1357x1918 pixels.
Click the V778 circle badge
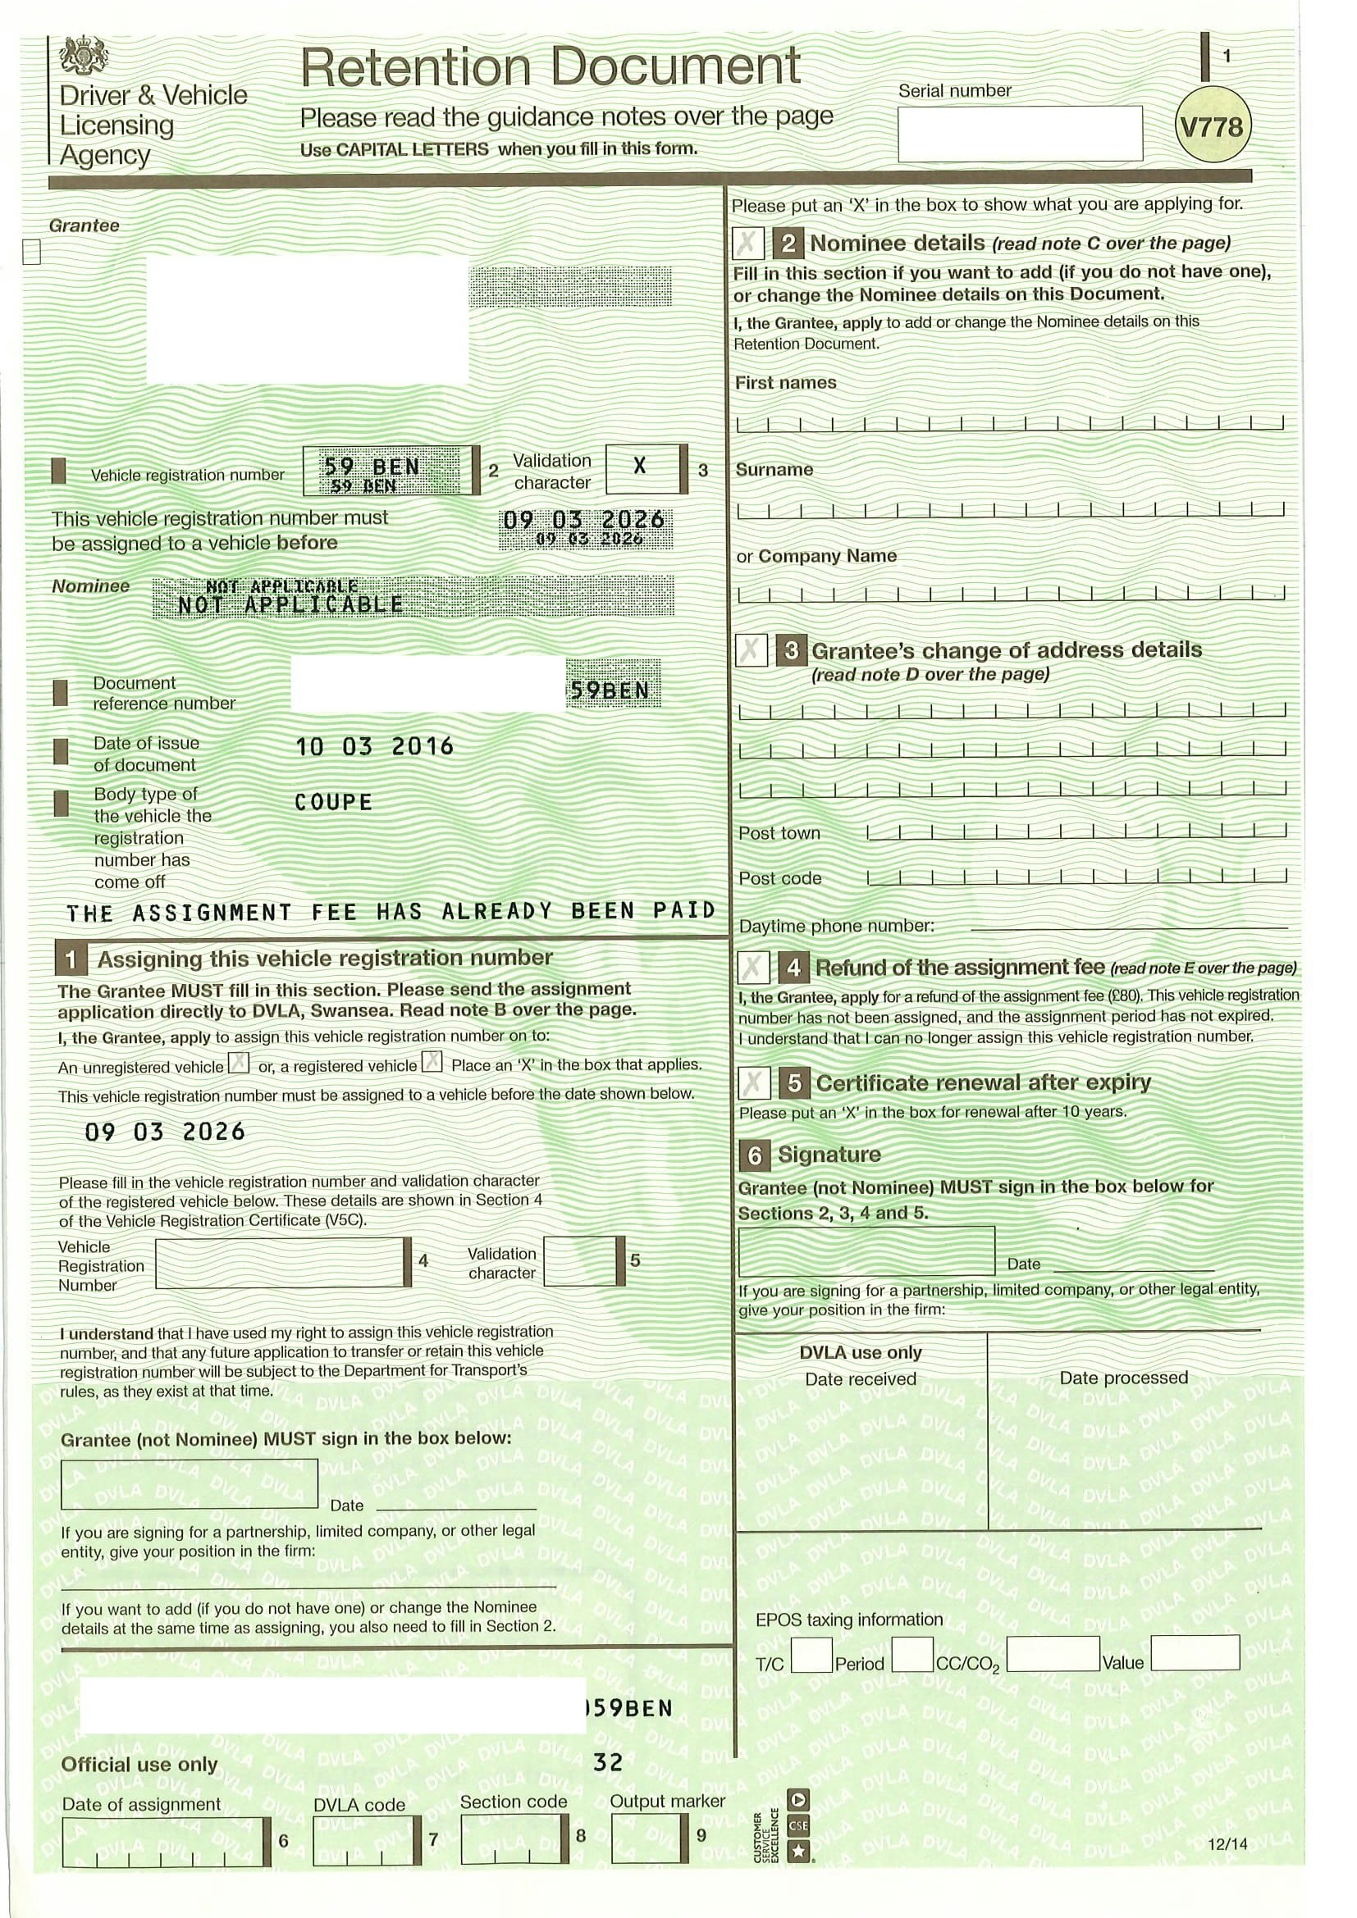click(x=1213, y=128)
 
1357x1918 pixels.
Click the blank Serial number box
click(x=1020, y=133)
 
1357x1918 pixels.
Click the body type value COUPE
click(x=333, y=803)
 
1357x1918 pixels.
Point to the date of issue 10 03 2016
click(x=374, y=746)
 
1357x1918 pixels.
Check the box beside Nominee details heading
click(x=748, y=244)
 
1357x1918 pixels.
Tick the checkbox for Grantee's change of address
click(x=752, y=650)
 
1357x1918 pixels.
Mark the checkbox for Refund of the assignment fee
click(x=753, y=968)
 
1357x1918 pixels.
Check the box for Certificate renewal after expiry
click(x=753, y=1083)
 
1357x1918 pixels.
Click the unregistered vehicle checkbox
click(x=239, y=1064)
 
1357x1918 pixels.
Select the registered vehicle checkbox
click(x=432, y=1063)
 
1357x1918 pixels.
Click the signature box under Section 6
click(x=866, y=1251)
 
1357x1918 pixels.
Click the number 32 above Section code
click(x=608, y=1763)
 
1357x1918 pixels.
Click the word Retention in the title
click(x=415, y=66)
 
